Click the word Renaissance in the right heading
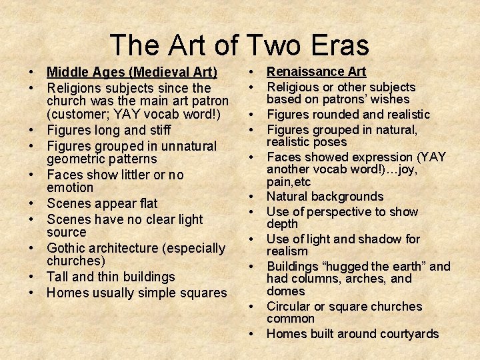point(306,71)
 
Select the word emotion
point(70,188)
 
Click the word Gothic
point(68,248)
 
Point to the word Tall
point(59,277)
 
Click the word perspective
point(343,212)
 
